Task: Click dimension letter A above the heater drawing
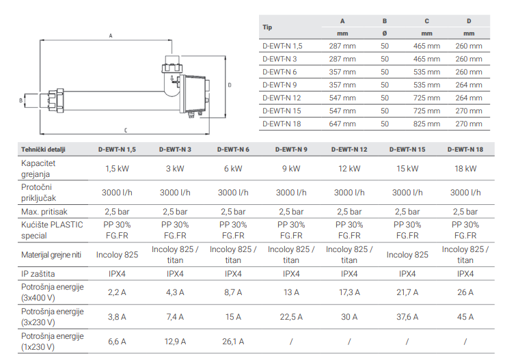pos(111,36)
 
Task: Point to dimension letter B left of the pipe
pos(21,100)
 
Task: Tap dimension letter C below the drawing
pos(126,130)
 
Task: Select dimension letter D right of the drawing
pos(230,85)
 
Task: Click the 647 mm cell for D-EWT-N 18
pos(342,124)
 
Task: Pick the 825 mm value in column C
pos(426,124)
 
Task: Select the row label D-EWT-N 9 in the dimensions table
pos(280,85)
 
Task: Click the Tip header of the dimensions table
pos(267,27)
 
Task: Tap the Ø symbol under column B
pos(385,33)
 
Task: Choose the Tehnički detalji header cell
pos(43,150)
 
